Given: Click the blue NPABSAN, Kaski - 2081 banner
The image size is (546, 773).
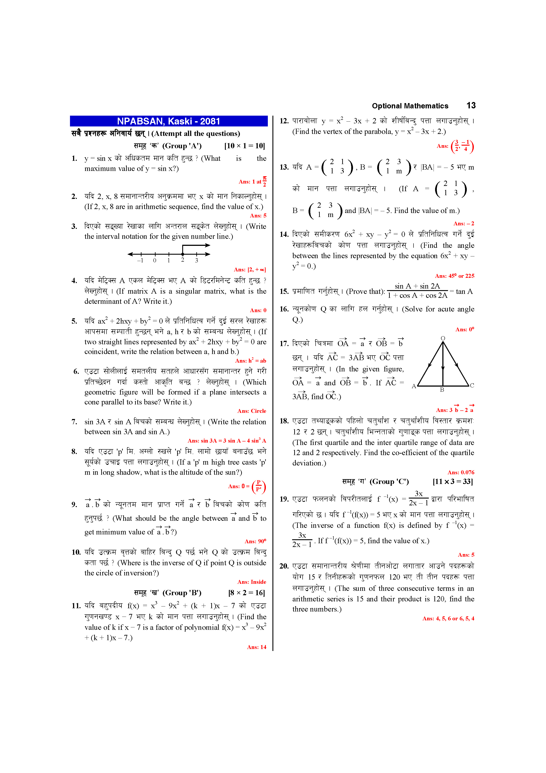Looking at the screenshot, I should click(169, 121).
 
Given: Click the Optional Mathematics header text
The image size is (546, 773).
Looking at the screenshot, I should click(410, 106).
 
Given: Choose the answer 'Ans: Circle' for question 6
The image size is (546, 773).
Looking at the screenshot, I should click(252, 411).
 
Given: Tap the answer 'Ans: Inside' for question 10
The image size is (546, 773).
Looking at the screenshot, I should click(252, 582).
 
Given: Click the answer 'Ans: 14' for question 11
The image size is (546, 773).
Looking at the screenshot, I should click(256, 647).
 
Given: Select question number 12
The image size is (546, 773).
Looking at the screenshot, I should click(284, 121).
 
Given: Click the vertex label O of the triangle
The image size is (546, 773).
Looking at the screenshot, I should click(443, 338).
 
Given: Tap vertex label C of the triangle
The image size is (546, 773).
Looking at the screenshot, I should click(472, 386).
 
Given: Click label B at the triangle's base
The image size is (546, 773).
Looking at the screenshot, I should click(442, 390).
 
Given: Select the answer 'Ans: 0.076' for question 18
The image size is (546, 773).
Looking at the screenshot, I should click(461, 472).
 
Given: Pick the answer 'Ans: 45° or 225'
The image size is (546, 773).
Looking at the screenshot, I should click(454, 276).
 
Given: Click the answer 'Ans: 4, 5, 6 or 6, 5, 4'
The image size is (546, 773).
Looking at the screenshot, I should click(448, 619).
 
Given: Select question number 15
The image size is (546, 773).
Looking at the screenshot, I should click(284, 292).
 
